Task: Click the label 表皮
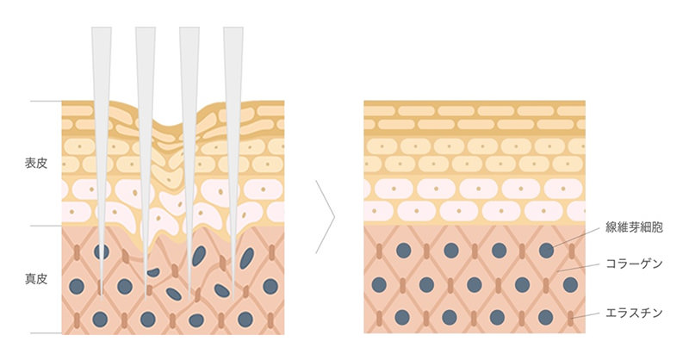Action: click(35, 164)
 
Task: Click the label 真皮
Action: click(35, 279)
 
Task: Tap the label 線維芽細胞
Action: click(634, 227)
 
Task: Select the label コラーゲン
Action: click(634, 264)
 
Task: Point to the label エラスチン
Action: click(634, 313)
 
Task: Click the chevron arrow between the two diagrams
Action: click(326, 217)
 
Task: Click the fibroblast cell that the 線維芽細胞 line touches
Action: click(546, 251)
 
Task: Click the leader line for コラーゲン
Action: click(578, 268)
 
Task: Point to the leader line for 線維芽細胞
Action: click(576, 237)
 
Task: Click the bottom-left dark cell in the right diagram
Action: click(402, 317)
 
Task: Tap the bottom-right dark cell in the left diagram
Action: click(245, 320)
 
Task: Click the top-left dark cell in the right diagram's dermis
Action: click(403, 251)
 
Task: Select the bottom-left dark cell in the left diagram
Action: click(100, 320)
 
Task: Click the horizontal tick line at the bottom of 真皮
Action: click(47, 333)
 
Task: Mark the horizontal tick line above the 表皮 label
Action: click(47, 101)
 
